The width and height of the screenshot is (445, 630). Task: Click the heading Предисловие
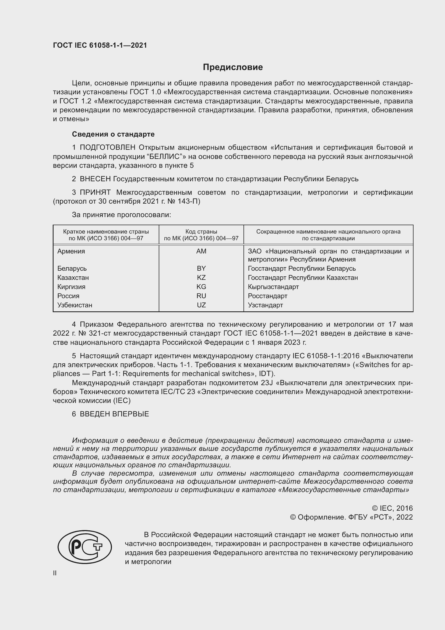pyautogui.click(x=233, y=67)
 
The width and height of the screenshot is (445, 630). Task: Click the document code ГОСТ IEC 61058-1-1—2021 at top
pyautogui.click(x=100, y=45)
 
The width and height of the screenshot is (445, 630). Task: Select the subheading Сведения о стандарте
pyautogui.click(x=113, y=134)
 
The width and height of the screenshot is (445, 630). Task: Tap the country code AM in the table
pyautogui.click(x=201, y=251)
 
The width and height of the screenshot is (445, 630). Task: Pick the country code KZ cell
pyautogui.click(x=201, y=277)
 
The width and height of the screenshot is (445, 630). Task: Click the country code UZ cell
pyautogui.click(x=201, y=305)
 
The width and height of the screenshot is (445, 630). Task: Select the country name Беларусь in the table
pyautogui.click(x=72, y=268)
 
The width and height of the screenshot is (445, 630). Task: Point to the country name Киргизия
pyautogui.click(x=71, y=287)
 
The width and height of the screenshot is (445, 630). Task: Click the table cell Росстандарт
pyautogui.click(x=267, y=296)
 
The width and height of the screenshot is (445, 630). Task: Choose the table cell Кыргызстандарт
pyautogui.click(x=273, y=287)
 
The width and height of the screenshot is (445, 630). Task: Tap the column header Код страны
pyautogui.click(x=201, y=232)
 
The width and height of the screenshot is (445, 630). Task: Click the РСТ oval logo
pyautogui.click(x=85, y=547)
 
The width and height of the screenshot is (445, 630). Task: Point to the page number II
pyautogui.click(x=55, y=573)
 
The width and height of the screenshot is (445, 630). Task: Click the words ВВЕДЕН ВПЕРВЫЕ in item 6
pyautogui.click(x=114, y=414)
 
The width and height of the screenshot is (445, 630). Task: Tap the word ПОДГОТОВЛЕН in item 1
pyautogui.click(x=107, y=148)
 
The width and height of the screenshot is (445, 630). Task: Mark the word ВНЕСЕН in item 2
pyautogui.click(x=95, y=179)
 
